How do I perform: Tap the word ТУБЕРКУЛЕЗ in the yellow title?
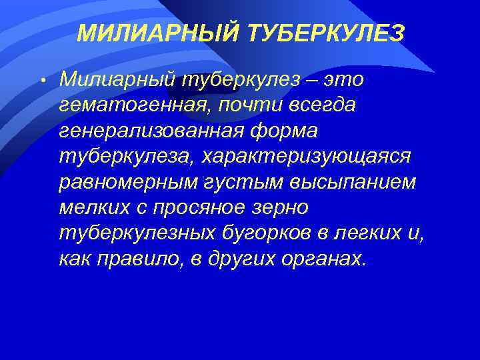point(325,33)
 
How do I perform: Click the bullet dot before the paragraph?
point(41,81)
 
